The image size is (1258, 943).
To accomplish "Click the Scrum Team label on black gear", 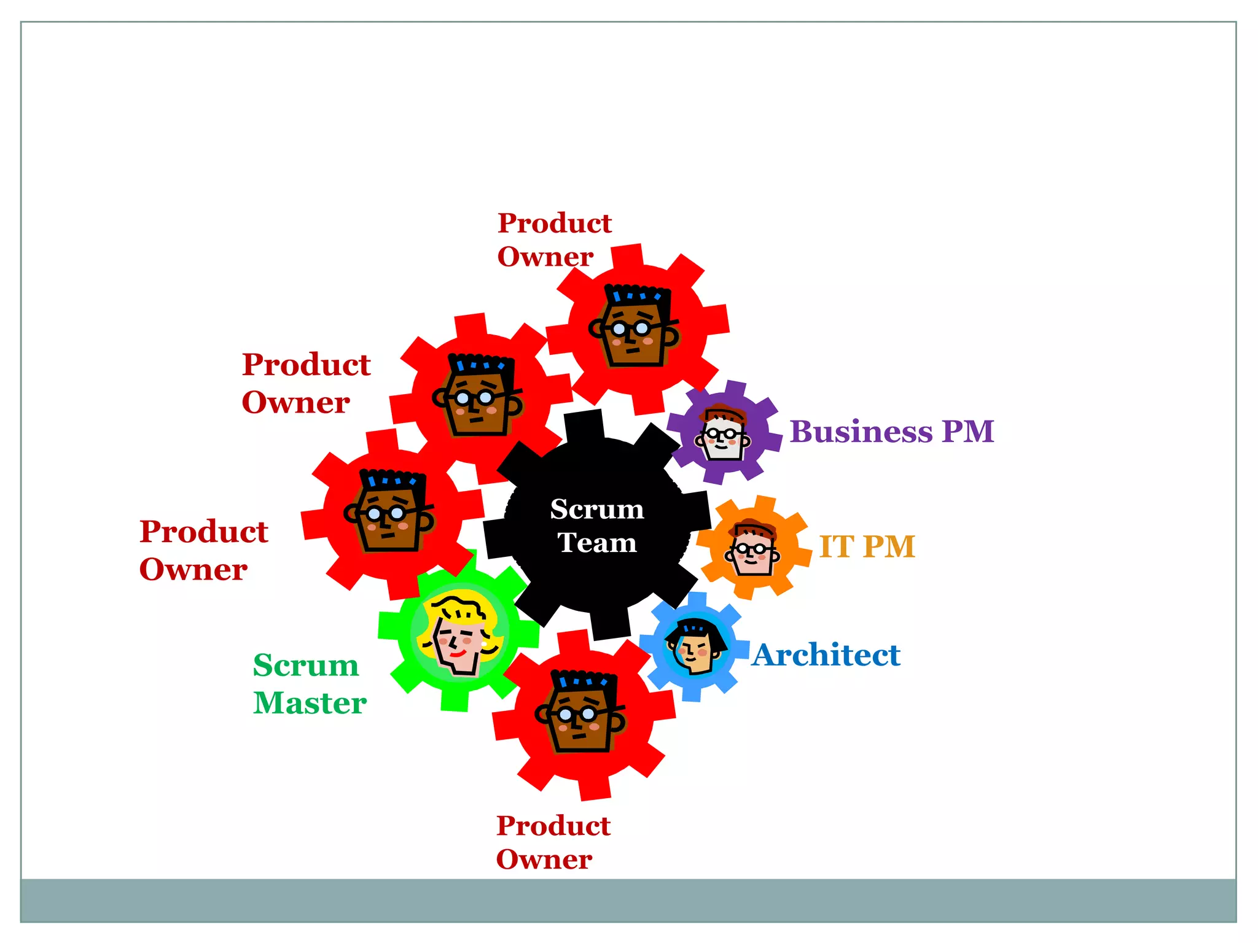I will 596,526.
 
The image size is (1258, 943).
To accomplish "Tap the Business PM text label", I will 891,432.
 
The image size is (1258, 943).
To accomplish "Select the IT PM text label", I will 867,546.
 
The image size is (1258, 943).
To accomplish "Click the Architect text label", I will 826,655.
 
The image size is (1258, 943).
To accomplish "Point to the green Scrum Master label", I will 309,683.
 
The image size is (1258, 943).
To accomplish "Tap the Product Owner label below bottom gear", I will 553,842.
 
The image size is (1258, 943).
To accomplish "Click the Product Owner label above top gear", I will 554,239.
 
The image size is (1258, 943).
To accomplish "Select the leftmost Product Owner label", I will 203,549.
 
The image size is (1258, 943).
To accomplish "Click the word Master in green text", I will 310,703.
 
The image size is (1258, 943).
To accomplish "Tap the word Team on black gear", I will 596,543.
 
